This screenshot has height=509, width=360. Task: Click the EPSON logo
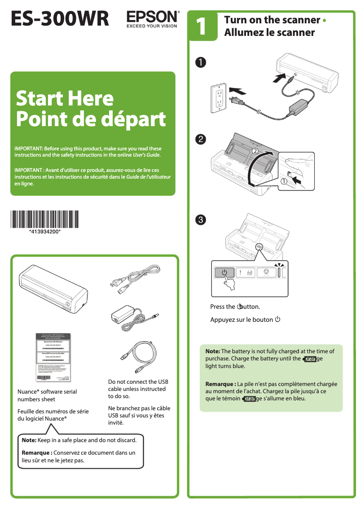(x=152, y=17)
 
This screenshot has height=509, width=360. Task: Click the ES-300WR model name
(x=60, y=19)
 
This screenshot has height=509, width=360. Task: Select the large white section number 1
(x=202, y=26)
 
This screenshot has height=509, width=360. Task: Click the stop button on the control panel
(x=266, y=272)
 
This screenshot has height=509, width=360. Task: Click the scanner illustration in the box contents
(x=54, y=290)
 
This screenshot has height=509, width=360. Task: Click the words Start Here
(x=65, y=98)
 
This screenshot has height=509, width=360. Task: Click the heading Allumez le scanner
(x=269, y=33)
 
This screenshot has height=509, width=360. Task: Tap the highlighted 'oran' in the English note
(x=310, y=359)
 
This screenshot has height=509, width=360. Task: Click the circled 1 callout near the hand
(x=284, y=181)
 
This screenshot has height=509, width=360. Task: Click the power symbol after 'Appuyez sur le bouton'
(x=278, y=320)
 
